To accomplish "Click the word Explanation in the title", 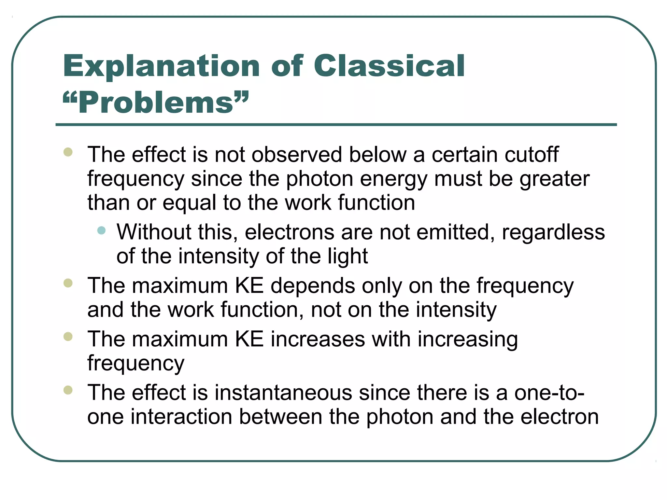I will pos(161,67).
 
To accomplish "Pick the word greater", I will pos(554,179).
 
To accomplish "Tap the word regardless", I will pos(553,233).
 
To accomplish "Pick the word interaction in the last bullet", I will pos(181,417).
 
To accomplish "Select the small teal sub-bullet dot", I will pos(102,230).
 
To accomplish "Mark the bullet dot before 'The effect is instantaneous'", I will pos(68,390).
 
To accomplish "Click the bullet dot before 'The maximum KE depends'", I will pos(68,283).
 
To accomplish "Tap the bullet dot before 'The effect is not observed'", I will pos(68,152).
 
